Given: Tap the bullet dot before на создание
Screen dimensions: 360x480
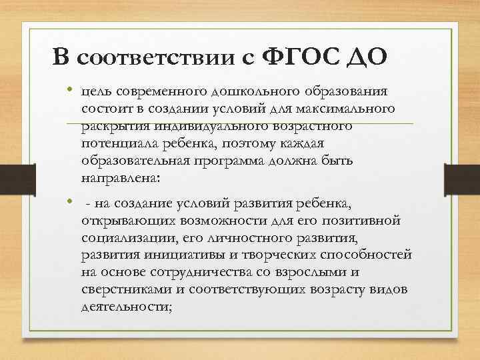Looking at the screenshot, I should click(69, 201).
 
